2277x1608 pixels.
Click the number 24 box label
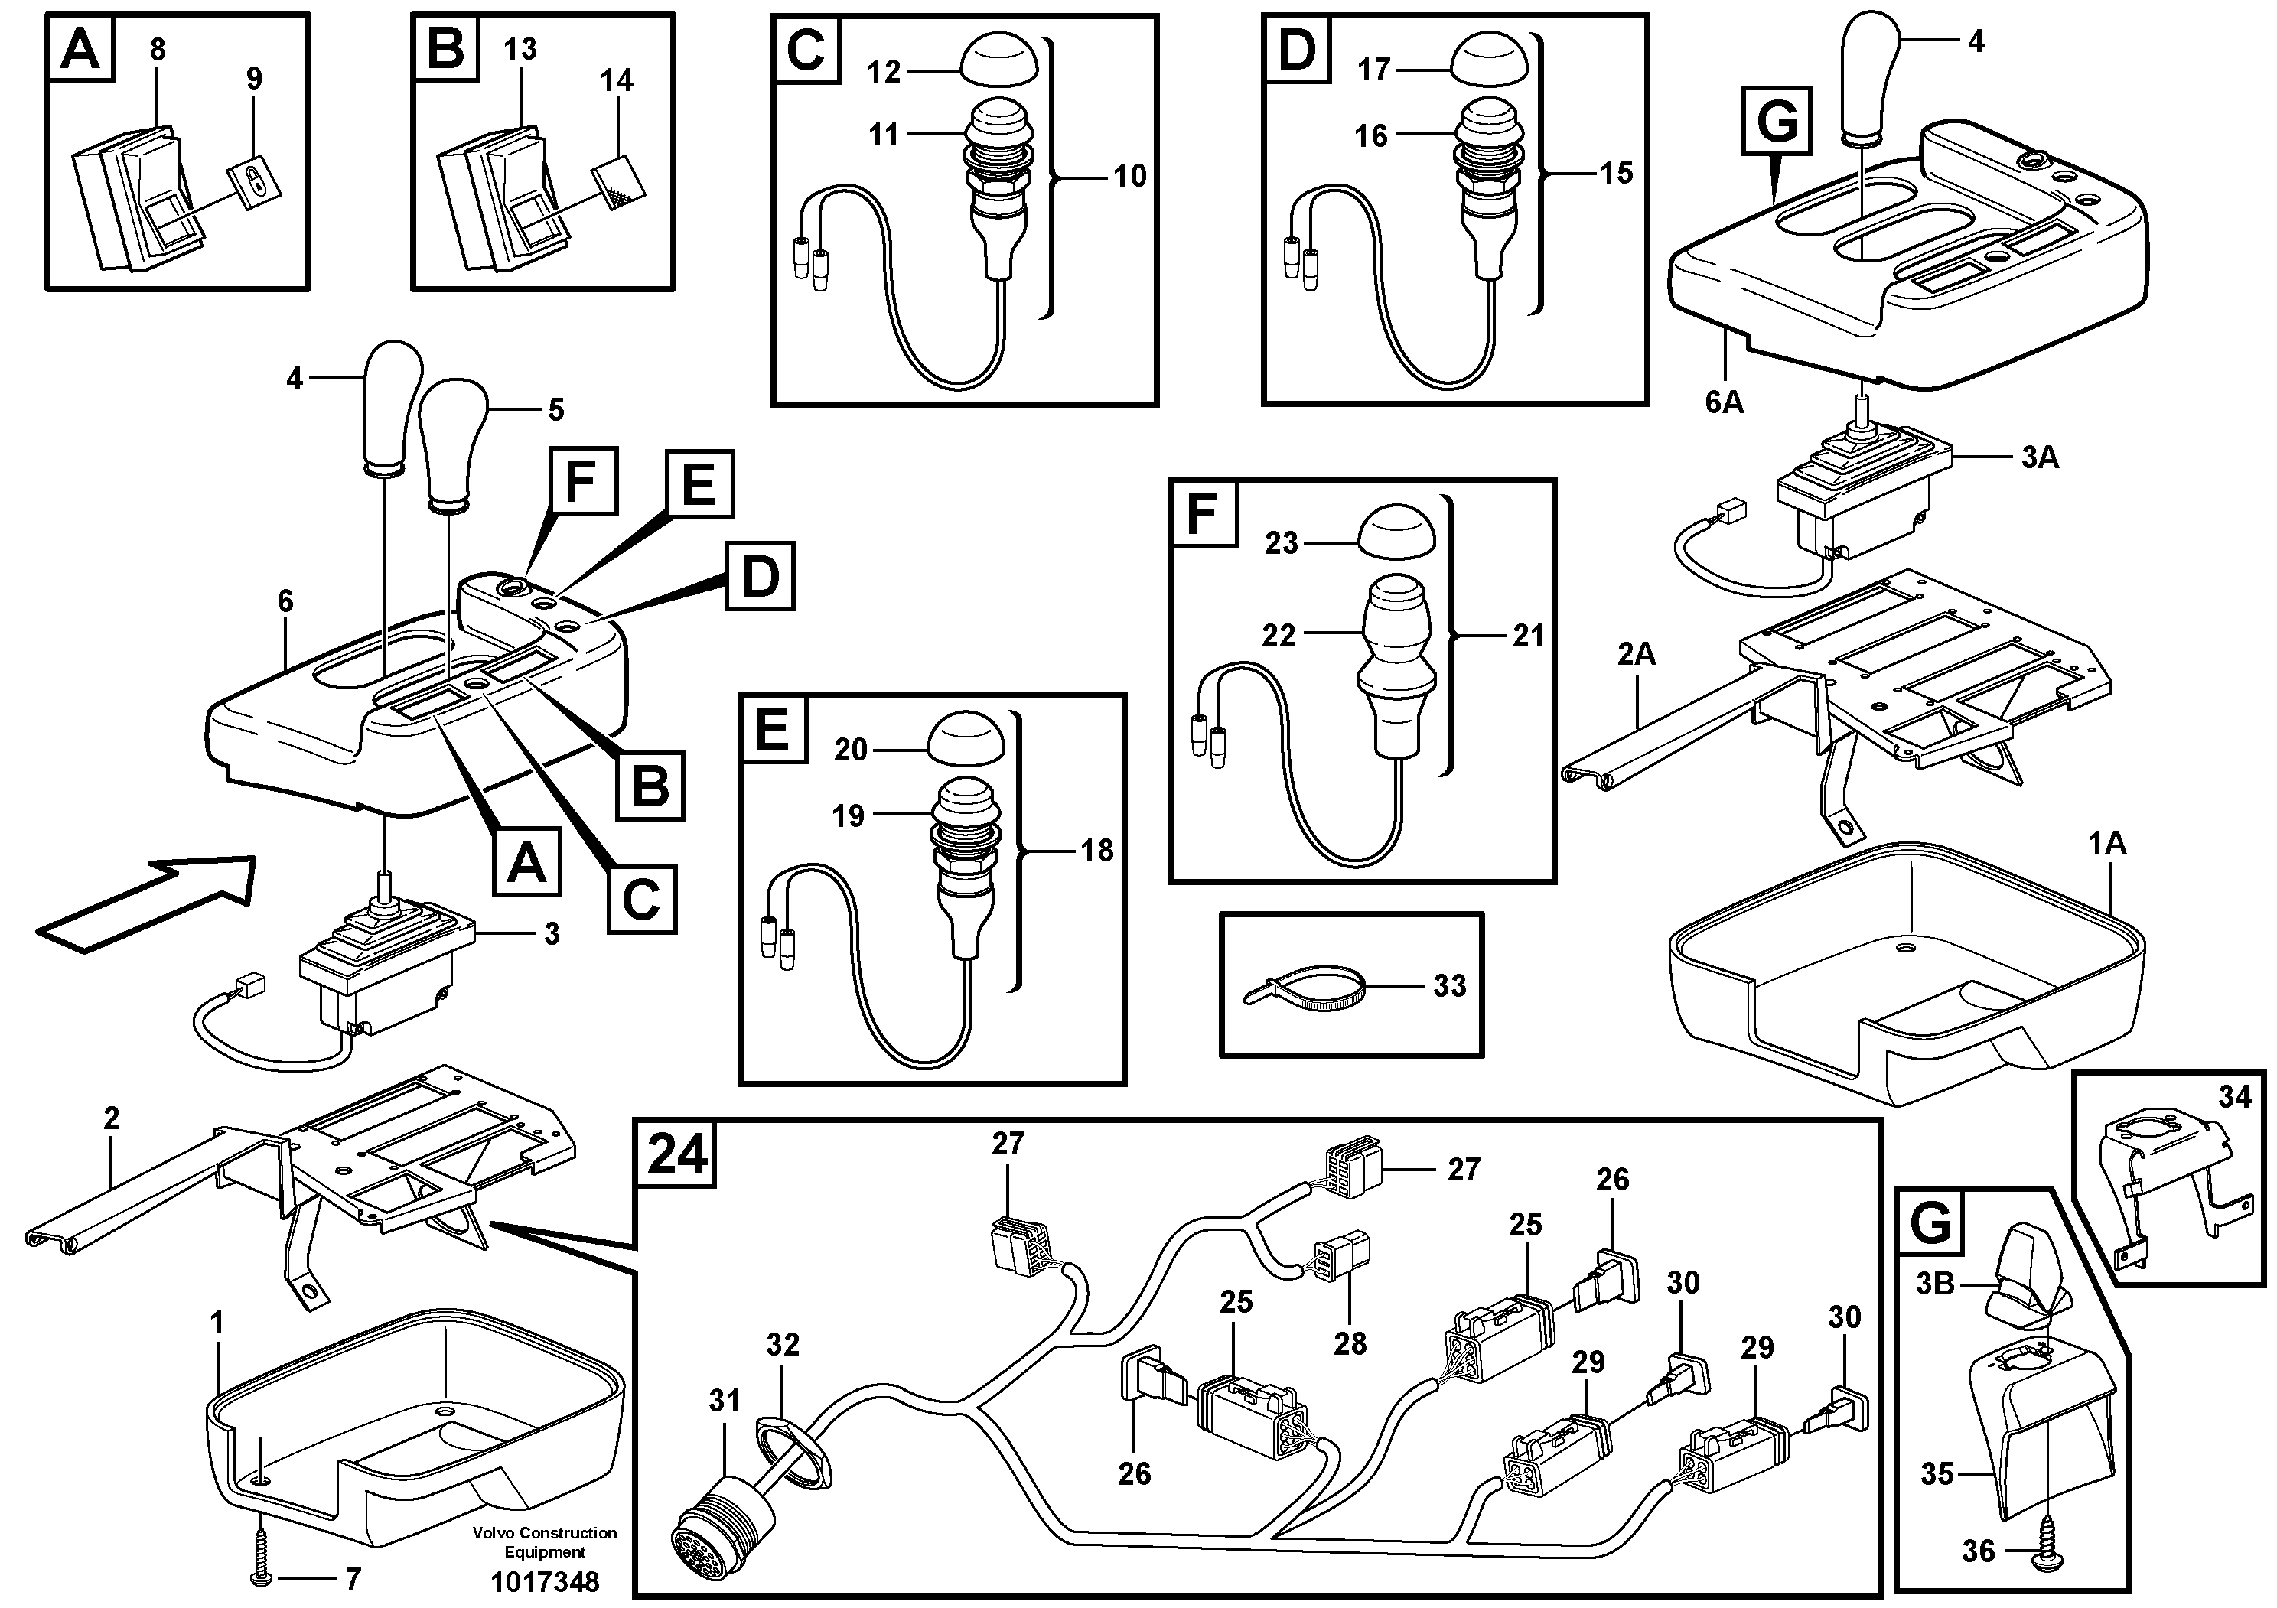click(x=677, y=1155)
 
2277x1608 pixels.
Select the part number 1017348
click(x=545, y=1581)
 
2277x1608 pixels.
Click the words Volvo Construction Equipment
click(x=545, y=1541)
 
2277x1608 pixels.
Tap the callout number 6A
click(x=1724, y=402)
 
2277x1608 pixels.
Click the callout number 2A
click(x=1637, y=654)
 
